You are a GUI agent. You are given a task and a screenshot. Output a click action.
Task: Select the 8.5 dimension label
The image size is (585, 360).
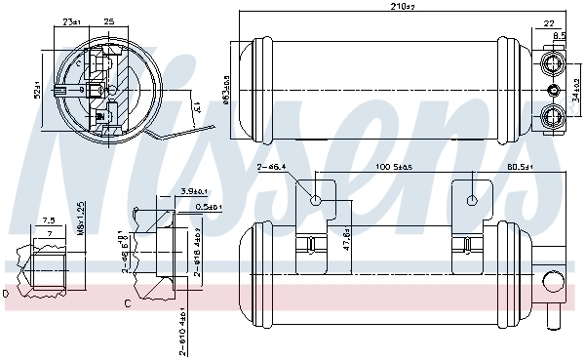pos(560,35)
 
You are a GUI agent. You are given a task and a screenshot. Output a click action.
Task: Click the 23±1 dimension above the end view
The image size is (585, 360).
pos(71,20)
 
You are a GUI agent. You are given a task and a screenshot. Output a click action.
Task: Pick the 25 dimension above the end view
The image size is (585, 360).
pos(108,20)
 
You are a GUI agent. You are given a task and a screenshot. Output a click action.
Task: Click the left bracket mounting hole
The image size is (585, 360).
pos(316,202)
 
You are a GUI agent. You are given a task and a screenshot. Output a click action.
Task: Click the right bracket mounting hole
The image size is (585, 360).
pos(473,202)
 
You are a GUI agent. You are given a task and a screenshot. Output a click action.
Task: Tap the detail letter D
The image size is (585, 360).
pos(6,292)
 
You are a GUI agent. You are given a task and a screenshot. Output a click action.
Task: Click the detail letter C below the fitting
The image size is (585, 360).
pos(128,302)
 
